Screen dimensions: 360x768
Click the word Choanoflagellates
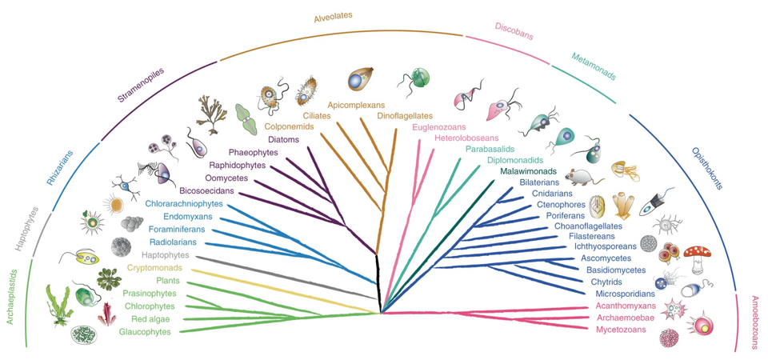coord(587,226)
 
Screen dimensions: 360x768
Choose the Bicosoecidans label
coord(189,191)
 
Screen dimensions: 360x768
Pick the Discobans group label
coord(514,30)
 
